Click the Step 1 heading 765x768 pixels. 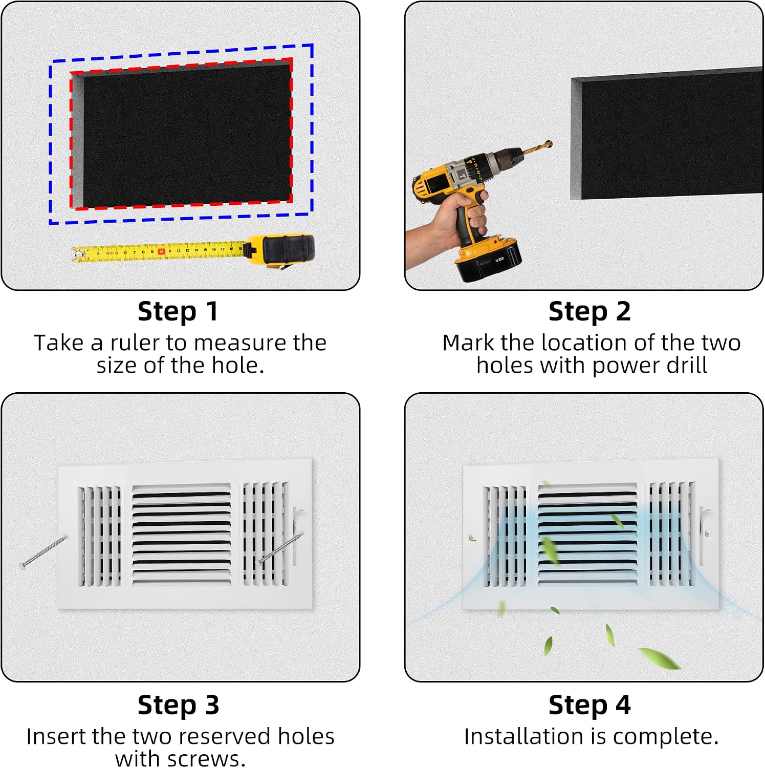[x=178, y=312]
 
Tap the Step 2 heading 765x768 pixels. [x=589, y=311]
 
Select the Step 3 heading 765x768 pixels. [x=179, y=705]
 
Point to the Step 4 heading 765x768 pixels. [x=589, y=705]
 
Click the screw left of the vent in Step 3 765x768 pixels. [x=43, y=551]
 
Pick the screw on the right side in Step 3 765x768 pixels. [x=281, y=548]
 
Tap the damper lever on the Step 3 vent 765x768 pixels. [x=297, y=535]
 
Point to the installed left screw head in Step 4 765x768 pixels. [x=472, y=538]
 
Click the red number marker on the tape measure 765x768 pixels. [x=161, y=251]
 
